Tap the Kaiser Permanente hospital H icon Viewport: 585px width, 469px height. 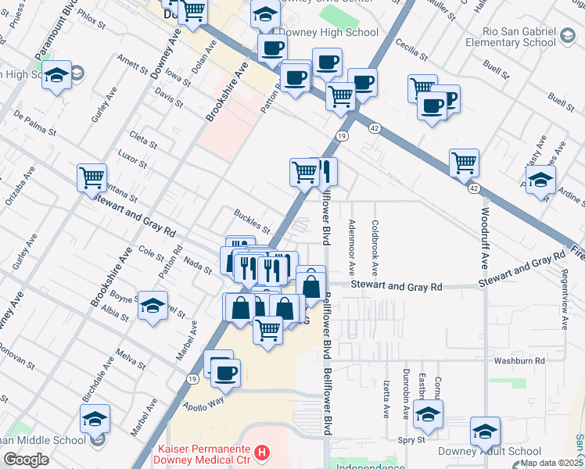click(x=263, y=452)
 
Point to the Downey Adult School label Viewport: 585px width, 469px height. click(x=501, y=451)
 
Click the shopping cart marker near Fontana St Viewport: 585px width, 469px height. click(x=92, y=177)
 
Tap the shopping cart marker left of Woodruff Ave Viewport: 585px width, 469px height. click(x=464, y=163)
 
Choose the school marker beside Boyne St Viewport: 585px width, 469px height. click(x=153, y=306)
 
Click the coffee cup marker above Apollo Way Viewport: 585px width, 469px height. click(x=225, y=374)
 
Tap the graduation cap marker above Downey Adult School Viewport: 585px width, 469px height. click(x=485, y=431)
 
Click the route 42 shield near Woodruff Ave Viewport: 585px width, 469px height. click(x=474, y=188)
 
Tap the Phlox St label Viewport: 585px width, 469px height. click(x=92, y=20)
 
